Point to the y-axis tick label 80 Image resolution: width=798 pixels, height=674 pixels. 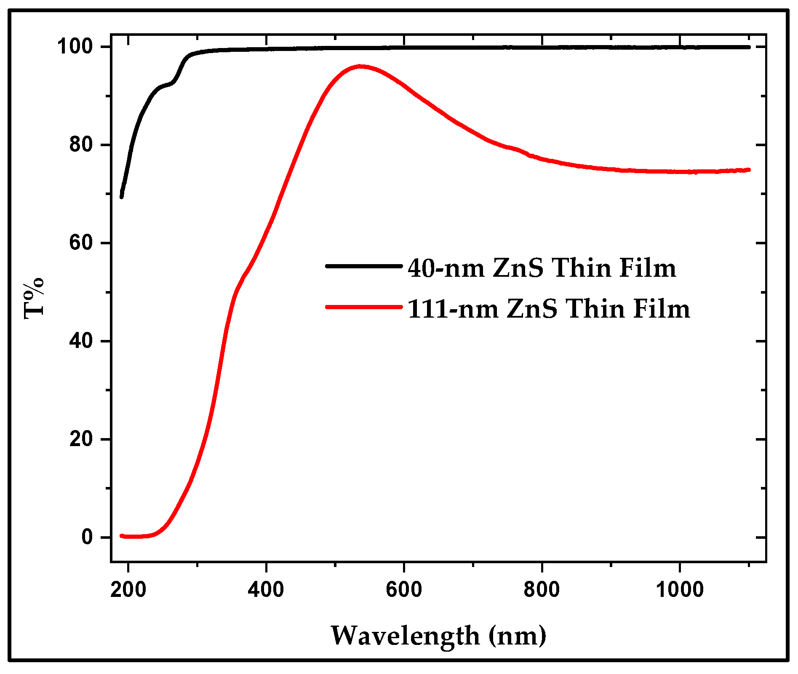[x=81, y=144]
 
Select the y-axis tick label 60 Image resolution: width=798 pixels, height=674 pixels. [x=81, y=243]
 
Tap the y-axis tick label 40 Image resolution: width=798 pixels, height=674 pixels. [x=81, y=341]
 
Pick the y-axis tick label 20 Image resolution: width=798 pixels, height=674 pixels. [x=81, y=439]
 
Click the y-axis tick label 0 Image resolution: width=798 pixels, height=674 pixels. [x=87, y=538]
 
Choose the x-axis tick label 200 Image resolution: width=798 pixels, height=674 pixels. [x=128, y=589]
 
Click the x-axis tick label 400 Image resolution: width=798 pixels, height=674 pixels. [x=266, y=589]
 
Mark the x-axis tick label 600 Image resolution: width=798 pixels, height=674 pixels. [x=404, y=589]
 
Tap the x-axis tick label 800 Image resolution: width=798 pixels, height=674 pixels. [x=542, y=589]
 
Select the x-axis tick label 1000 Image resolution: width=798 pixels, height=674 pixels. [x=679, y=589]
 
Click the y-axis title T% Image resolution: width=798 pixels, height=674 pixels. [x=34, y=298]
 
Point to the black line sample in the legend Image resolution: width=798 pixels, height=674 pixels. [x=364, y=266]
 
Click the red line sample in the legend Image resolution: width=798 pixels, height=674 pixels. [x=364, y=307]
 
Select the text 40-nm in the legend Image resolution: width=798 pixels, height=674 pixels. [x=446, y=268]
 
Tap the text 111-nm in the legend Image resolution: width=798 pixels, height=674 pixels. [x=452, y=309]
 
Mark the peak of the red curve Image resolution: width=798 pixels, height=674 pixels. [x=360, y=66]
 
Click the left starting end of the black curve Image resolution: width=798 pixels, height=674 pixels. [x=122, y=196]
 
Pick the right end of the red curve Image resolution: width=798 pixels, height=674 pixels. [x=749, y=170]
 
